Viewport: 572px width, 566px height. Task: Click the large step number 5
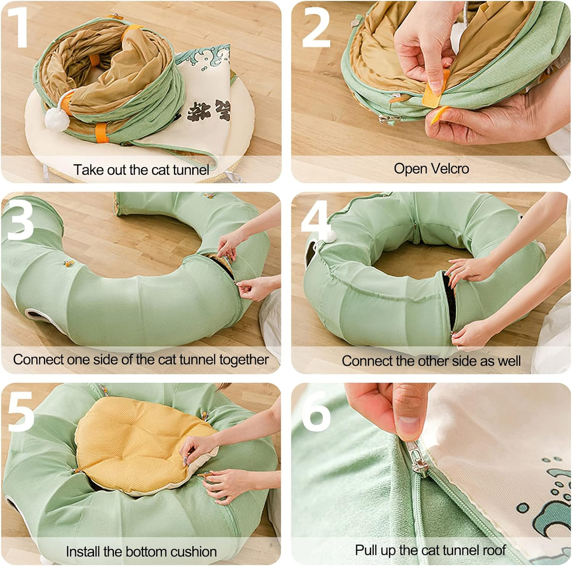(x=20, y=410)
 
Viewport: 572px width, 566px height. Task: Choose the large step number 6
(x=316, y=410)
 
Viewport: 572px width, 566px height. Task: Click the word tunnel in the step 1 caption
(x=191, y=169)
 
